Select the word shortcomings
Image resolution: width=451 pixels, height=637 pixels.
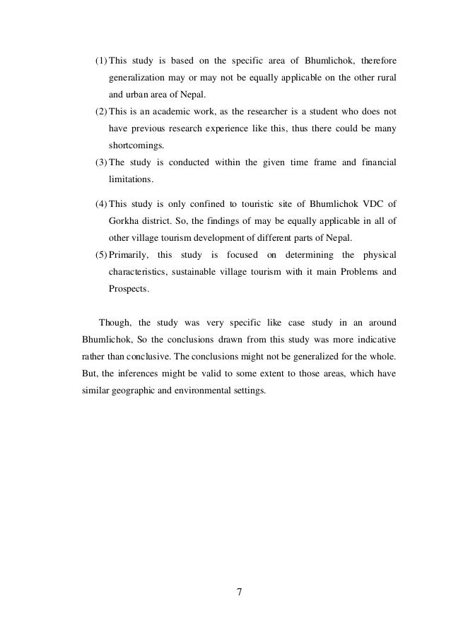(x=135, y=146)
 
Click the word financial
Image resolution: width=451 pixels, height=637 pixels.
(x=373, y=163)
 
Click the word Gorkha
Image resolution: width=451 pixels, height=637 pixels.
(x=125, y=222)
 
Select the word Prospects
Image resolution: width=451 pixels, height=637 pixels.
(x=129, y=289)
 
